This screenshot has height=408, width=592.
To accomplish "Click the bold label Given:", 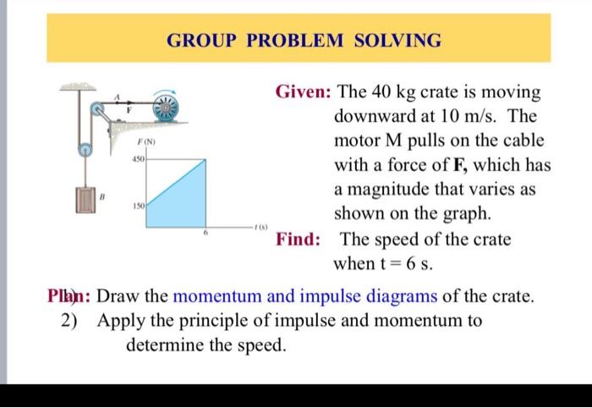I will (303, 91).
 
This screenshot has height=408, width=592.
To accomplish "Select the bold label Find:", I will (298, 239).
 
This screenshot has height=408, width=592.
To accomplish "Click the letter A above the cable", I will (119, 96).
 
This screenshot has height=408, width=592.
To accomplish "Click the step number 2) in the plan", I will (72, 321).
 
